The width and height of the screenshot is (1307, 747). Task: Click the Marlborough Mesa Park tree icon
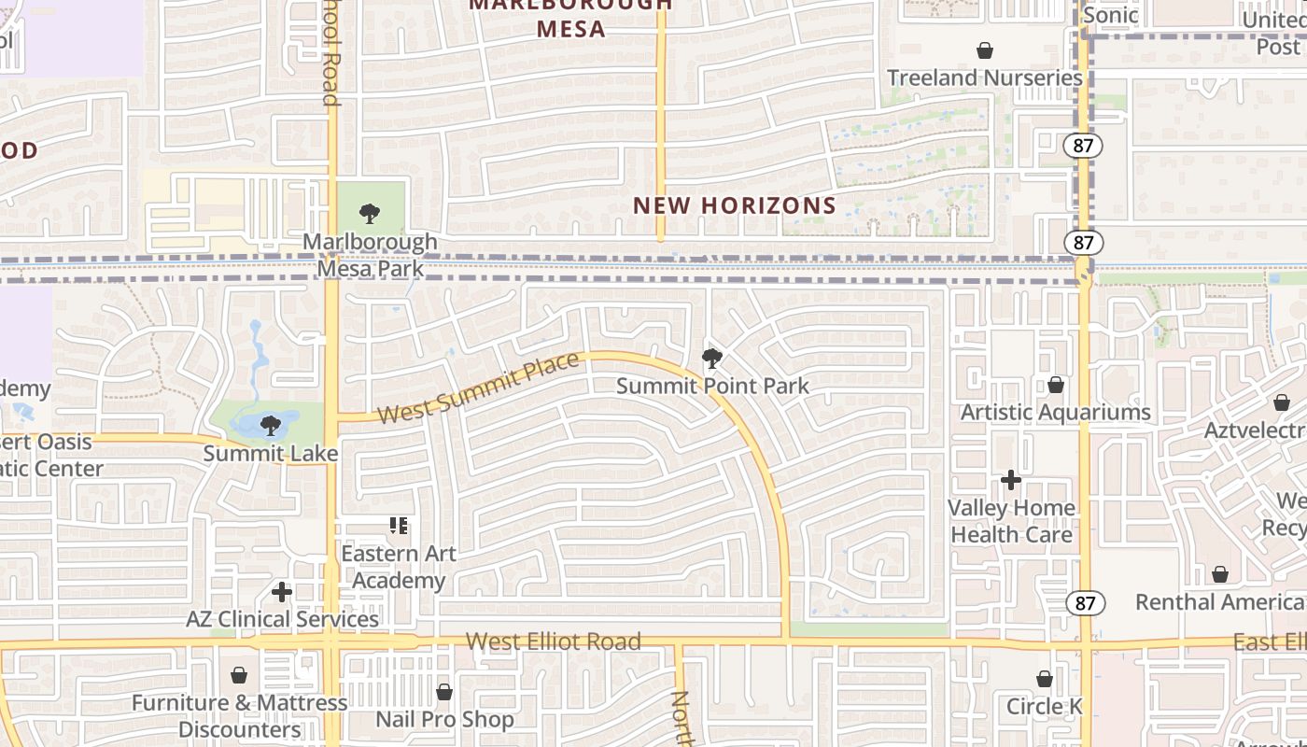tap(370, 214)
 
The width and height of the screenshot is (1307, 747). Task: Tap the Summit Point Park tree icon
tap(711, 359)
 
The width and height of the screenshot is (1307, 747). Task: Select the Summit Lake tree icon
tap(270, 427)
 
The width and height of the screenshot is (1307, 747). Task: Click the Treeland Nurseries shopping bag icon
tap(984, 49)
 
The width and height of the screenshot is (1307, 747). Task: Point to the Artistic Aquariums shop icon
tap(1055, 385)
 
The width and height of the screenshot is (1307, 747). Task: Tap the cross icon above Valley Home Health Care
tap(1011, 480)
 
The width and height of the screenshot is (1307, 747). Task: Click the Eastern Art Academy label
tap(399, 567)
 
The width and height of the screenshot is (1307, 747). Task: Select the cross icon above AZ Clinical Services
tap(282, 592)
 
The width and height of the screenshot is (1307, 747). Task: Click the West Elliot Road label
tap(553, 641)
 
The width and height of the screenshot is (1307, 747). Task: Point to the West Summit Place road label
tap(478, 388)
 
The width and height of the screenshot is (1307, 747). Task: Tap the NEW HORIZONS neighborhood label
tap(735, 205)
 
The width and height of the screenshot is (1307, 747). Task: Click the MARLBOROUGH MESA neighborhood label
tap(570, 17)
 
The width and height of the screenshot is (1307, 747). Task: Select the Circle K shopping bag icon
tap(1045, 679)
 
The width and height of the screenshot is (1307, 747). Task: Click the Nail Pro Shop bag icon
tap(443, 692)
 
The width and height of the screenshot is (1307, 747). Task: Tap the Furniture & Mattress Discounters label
tap(239, 715)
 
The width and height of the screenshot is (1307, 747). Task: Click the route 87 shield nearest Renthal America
tap(1085, 603)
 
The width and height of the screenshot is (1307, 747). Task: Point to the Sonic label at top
tap(1110, 15)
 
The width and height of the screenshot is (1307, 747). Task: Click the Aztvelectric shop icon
tap(1281, 402)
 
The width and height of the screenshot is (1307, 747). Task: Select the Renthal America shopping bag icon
tap(1219, 574)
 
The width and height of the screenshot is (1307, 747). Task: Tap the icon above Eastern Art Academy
tap(399, 527)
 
